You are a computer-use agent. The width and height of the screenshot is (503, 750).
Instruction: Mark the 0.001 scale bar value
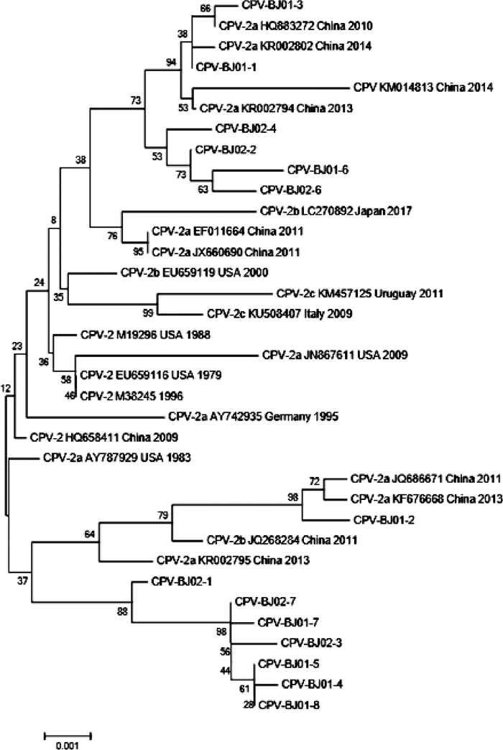click(68, 744)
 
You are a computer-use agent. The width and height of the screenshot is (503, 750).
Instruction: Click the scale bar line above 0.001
click(68, 734)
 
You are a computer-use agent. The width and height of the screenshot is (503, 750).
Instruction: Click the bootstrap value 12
click(6, 388)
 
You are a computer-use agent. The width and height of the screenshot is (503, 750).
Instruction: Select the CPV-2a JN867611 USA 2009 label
click(335, 354)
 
